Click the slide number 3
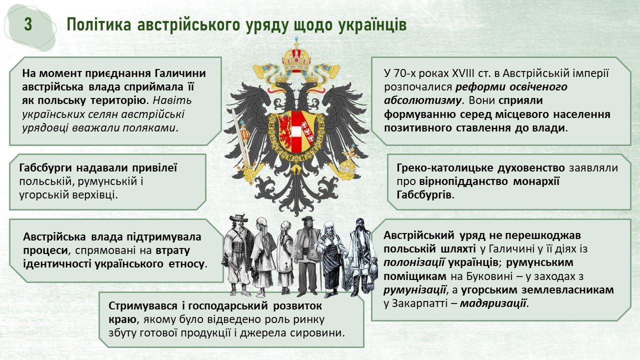coord(28,24)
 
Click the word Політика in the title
coord(99,25)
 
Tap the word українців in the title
coord(372,25)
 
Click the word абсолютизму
coord(422,100)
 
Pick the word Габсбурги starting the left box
coord(45,168)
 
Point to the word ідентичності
coord(56,263)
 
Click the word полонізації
coord(414,262)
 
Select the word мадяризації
coord(493,303)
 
